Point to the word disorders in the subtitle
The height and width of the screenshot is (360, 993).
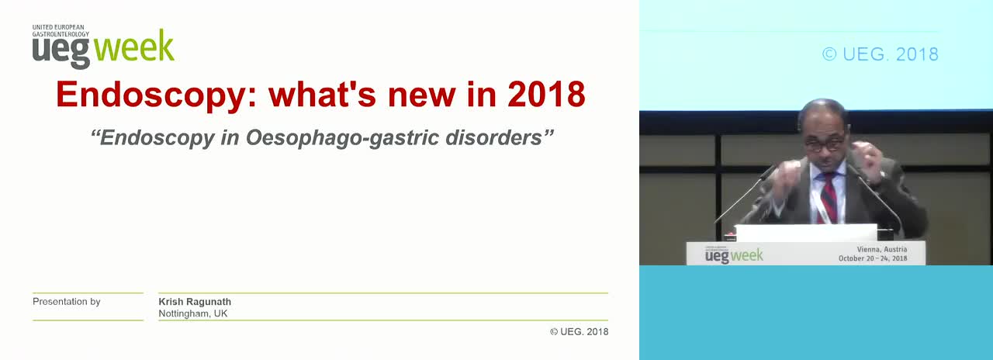(493, 137)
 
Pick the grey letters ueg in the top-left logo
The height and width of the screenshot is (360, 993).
(61, 52)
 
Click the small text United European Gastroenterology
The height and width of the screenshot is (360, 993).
(61, 30)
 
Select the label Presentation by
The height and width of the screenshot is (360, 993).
(67, 302)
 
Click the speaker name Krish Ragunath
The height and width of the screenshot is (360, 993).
(195, 302)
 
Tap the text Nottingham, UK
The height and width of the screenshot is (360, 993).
(193, 313)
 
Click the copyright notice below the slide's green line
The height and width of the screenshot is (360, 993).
(579, 331)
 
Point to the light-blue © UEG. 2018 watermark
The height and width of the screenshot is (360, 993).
(881, 54)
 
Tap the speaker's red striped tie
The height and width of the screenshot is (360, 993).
(828, 197)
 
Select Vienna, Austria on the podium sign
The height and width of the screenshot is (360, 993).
(882, 249)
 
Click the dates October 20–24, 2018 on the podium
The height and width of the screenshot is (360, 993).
(873, 258)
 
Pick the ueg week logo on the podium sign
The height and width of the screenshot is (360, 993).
(734, 255)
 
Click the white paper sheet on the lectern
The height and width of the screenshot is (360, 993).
(806, 233)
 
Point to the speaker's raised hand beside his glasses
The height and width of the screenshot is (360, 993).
(864, 160)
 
